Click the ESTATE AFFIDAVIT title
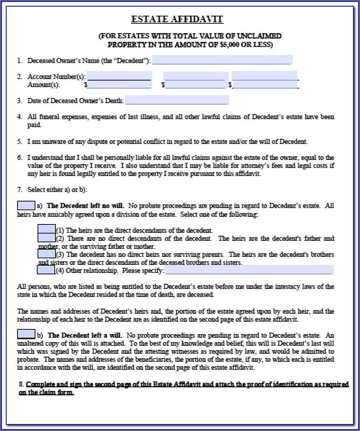pyautogui.click(x=177, y=19)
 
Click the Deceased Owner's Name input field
pyautogui.click(x=222, y=60)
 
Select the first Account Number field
pyautogui.click(x=119, y=76)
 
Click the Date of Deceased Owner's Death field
pyautogui.click(x=177, y=100)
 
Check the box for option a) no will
pyautogui.click(x=26, y=205)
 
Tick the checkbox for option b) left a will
pyautogui.click(x=26, y=334)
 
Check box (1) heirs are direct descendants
pyautogui.click(x=47, y=230)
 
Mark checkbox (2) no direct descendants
pyautogui.click(x=47, y=238)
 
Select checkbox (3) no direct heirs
pyautogui.click(x=47, y=254)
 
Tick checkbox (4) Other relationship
pyautogui.click(x=46, y=270)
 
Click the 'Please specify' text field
pyautogui.click(x=249, y=270)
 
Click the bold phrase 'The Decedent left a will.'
pyautogui.click(x=85, y=335)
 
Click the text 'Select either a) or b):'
pyautogui.click(x=57, y=189)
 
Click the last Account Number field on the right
pyautogui.click(x=265, y=76)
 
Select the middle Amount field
pyautogui.click(x=195, y=85)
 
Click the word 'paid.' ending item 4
pyautogui.click(x=35, y=125)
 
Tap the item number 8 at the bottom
pyautogui.click(x=21, y=384)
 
